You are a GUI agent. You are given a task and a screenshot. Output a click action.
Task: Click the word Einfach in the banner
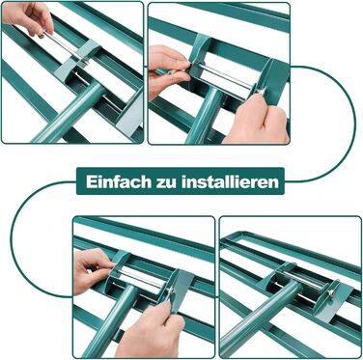(x=119, y=181)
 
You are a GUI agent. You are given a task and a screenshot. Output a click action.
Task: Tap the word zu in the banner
(x=166, y=183)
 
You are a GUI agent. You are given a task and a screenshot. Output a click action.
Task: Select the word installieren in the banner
(x=230, y=181)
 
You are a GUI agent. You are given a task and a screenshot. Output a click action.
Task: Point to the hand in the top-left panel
(x=28, y=18)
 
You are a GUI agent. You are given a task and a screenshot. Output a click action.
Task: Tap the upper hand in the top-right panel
(x=170, y=71)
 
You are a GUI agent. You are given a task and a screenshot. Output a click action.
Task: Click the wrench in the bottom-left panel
(x=180, y=291)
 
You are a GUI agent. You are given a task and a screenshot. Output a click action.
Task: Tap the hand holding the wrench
(x=152, y=331)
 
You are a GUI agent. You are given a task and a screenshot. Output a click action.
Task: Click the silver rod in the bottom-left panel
(x=142, y=277)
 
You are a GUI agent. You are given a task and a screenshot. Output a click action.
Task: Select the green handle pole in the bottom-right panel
(x=261, y=312)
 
